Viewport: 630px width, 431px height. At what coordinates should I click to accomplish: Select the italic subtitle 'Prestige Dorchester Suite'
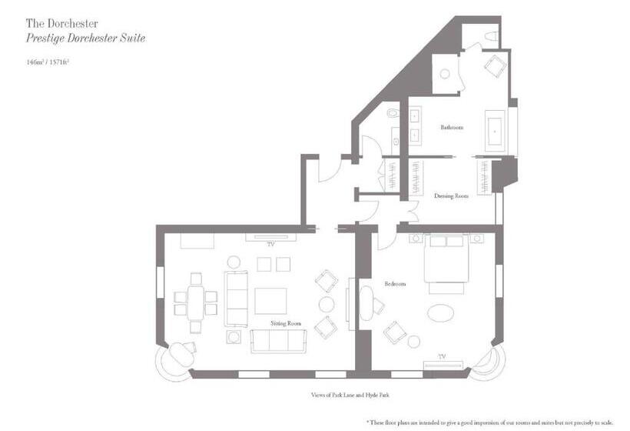tap(86, 38)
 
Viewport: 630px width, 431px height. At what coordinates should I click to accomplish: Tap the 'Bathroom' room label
tap(451, 127)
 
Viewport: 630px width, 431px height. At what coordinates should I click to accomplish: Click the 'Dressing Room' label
tap(451, 195)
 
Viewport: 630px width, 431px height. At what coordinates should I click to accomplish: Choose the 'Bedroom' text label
tap(395, 284)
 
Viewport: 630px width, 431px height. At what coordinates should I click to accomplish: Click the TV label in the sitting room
tap(270, 245)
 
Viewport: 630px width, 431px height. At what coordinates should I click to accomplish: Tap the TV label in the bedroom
tap(442, 356)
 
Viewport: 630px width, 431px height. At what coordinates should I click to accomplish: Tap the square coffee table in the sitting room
tap(270, 300)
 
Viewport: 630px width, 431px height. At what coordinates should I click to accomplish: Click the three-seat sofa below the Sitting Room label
tap(278, 340)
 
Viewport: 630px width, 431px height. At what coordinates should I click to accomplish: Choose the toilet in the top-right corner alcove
tap(490, 36)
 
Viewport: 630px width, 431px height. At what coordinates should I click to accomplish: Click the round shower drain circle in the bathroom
tap(444, 74)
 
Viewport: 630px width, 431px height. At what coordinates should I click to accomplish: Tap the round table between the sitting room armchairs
tap(326, 303)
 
